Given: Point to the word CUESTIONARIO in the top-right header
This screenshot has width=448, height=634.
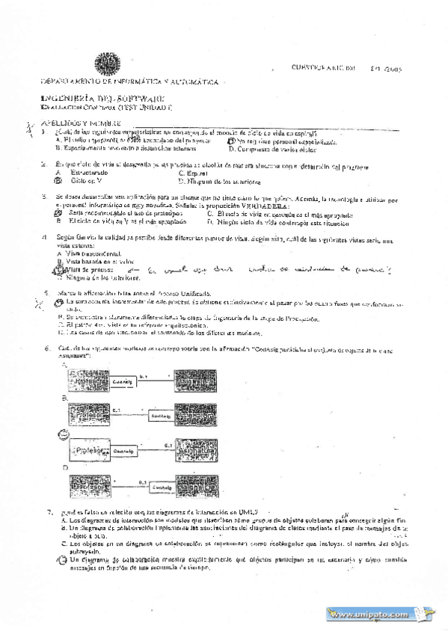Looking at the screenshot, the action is tap(300, 67).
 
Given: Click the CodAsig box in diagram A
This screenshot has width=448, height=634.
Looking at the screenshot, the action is tap(123, 381).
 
